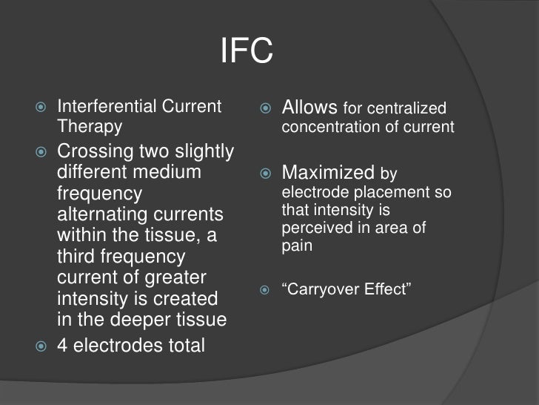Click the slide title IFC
(247, 52)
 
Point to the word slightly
(202, 152)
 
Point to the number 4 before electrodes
(63, 345)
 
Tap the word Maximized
(328, 174)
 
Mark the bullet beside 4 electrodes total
(41, 346)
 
